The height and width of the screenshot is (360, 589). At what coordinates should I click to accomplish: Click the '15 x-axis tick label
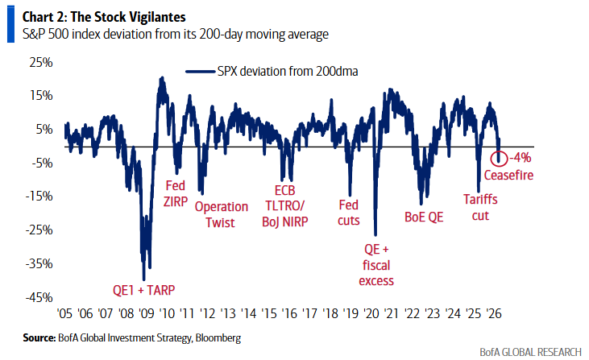tap(270, 313)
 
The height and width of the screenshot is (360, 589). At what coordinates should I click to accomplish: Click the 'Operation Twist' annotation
tap(222, 213)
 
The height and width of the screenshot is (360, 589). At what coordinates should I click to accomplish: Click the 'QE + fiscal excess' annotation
tap(377, 264)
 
